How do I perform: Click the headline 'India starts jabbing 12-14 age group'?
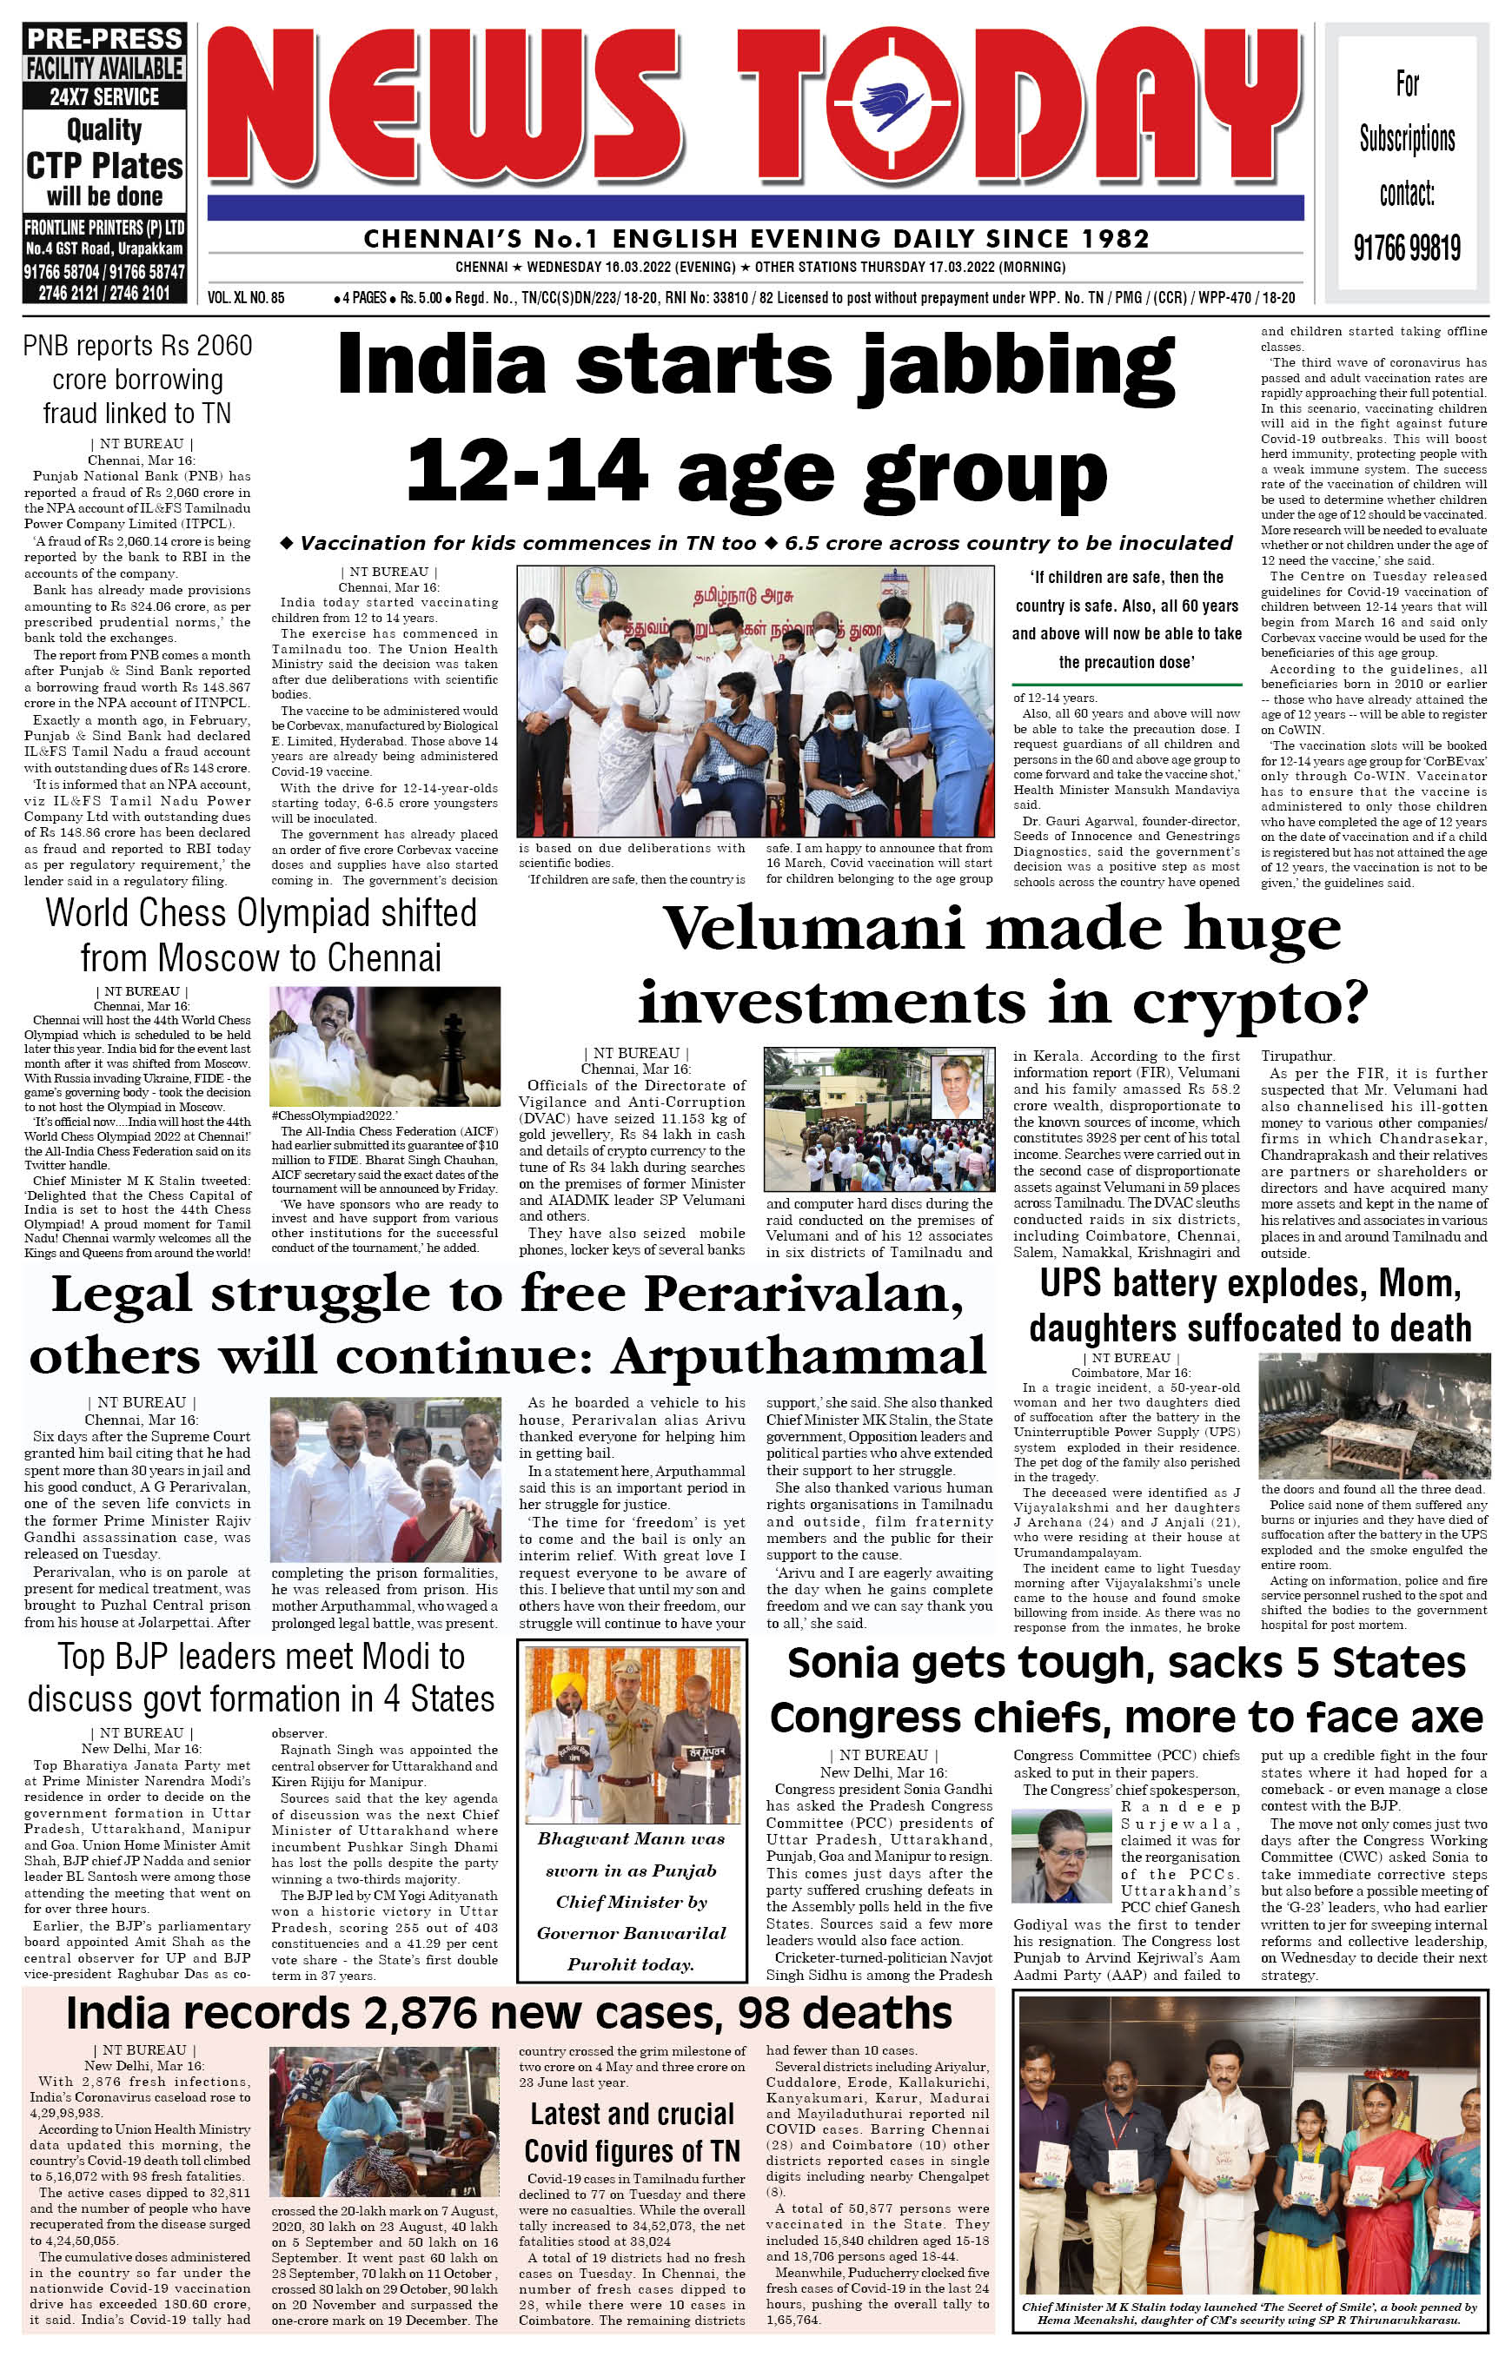[757, 416]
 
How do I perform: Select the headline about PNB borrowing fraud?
[136, 379]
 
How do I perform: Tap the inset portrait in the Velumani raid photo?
[958, 1087]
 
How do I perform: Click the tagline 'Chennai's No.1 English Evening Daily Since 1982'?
[756, 239]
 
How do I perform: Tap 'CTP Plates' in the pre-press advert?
[104, 165]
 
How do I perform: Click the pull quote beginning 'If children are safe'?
[1126, 619]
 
